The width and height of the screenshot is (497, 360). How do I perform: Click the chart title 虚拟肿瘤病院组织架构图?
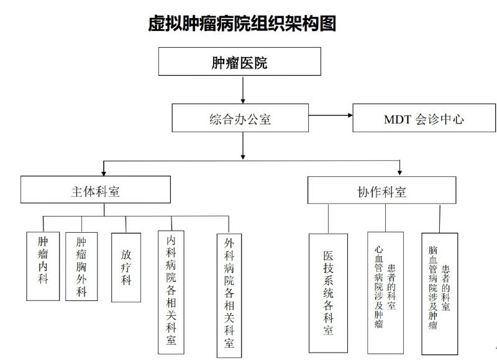pos(242,24)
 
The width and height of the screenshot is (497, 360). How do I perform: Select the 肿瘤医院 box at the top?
pos(240,62)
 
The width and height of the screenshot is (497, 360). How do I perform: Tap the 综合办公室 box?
pos(240,118)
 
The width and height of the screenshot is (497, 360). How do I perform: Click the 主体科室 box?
pos(95,190)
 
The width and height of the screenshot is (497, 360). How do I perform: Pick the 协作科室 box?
pos(381,191)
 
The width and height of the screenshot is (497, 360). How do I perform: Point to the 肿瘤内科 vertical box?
pos(43,266)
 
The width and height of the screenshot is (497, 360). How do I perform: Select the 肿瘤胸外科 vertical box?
pos(81,266)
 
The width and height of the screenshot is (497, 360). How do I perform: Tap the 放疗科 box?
pos(126,267)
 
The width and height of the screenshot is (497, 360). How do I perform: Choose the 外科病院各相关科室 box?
pos(229,295)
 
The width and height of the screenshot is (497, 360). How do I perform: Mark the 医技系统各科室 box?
pos(329,293)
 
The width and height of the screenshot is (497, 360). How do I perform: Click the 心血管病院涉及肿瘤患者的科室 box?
pos(385,292)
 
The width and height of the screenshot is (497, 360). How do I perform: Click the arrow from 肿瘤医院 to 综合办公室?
pos(242,89)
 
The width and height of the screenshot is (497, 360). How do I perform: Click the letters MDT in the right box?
pos(396,119)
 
